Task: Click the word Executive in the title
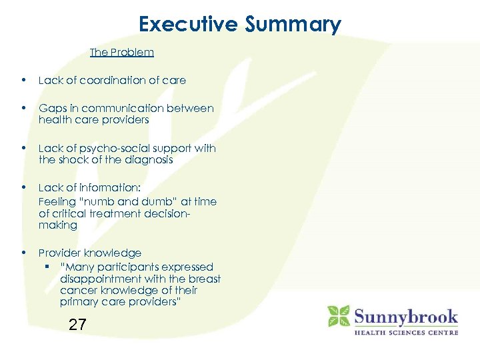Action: click(x=188, y=24)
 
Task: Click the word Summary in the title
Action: click(x=293, y=25)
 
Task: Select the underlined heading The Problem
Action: click(x=122, y=52)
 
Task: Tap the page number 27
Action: click(x=77, y=325)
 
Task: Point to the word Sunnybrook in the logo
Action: click(x=405, y=315)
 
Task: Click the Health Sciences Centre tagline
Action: click(x=406, y=332)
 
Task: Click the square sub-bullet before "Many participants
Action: click(x=50, y=266)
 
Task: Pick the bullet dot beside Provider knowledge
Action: click(x=24, y=253)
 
